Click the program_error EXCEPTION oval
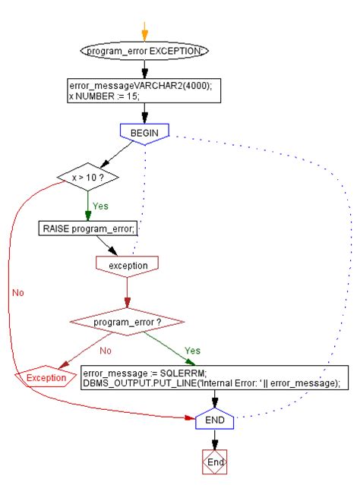144,51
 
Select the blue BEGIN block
144,133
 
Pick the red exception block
127,265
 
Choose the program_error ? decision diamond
127,323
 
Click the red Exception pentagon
45,377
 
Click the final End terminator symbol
216,461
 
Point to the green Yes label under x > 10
99,205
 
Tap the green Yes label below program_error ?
193,351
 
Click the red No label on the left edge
18,292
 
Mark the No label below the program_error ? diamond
106,351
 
